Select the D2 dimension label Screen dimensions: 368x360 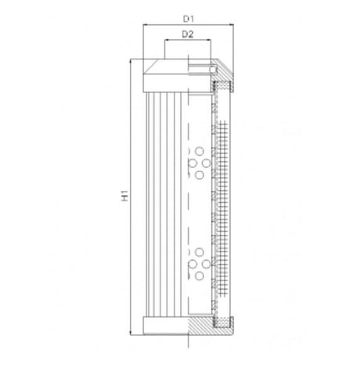click(x=188, y=34)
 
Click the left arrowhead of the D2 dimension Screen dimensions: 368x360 click(x=165, y=42)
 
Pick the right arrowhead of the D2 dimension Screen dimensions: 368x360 click(x=210, y=42)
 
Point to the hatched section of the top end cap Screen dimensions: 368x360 click(x=223, y=78)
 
